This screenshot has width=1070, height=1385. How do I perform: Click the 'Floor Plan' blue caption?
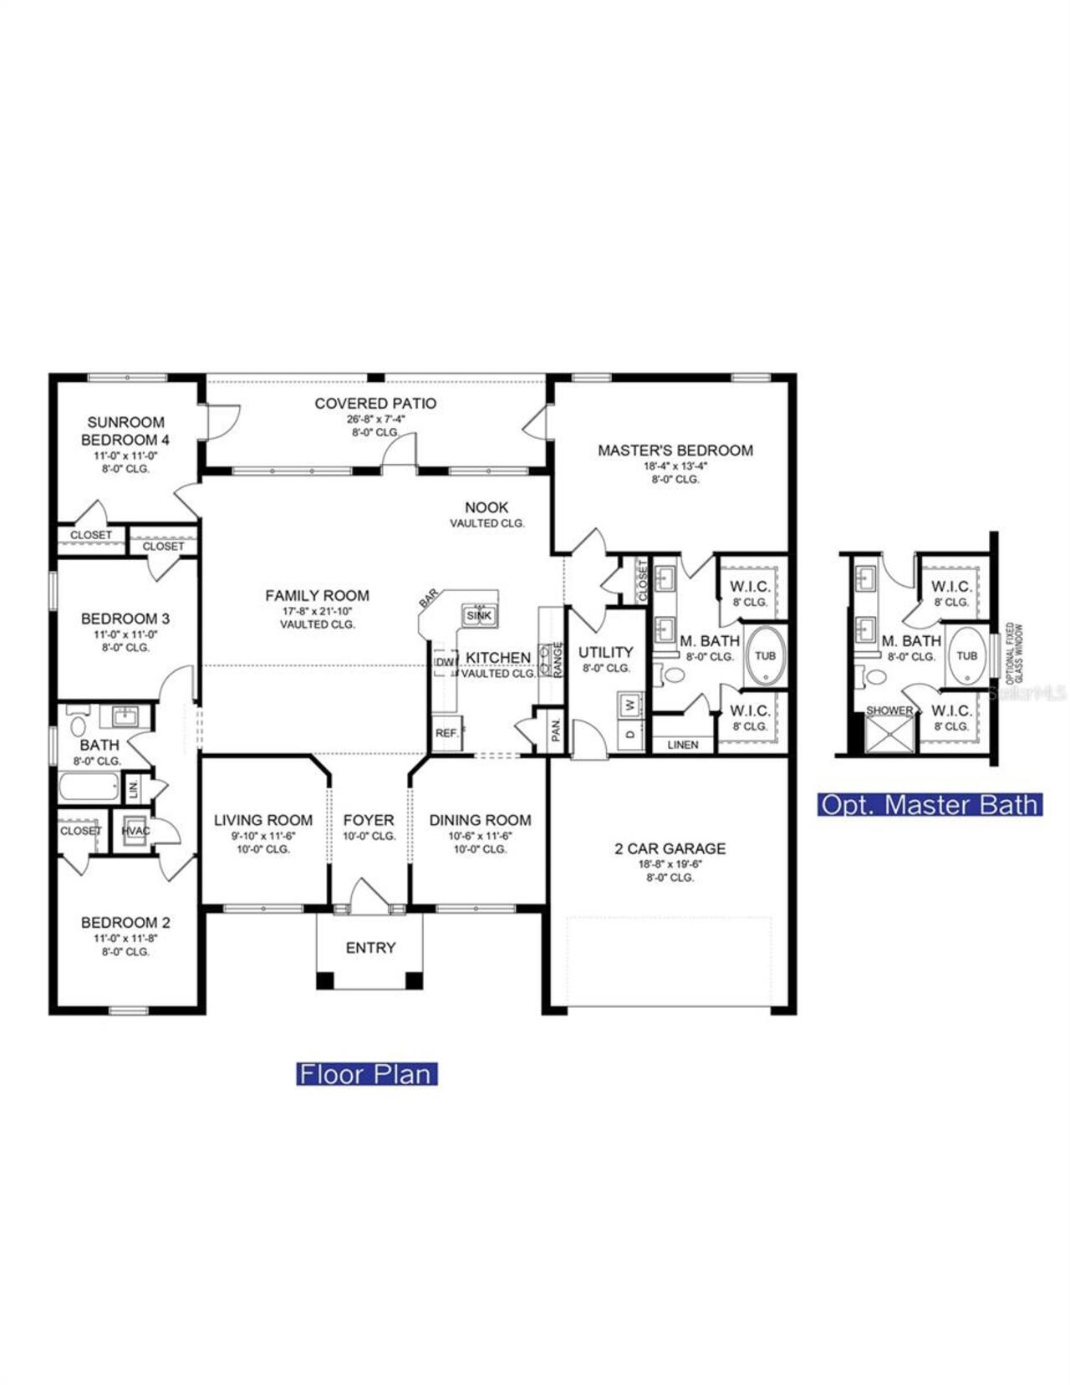pyautogui.click(x=366, y=1074)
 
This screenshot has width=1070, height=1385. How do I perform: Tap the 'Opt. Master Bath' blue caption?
pyautogui.click(x=930, y=805)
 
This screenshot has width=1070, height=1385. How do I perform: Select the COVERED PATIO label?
pyautogui.click(x=375, y=403)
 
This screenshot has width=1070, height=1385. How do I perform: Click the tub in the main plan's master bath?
pyautogui.click(x=765, y=655)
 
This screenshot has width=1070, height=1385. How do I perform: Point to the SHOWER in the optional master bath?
pyautogui.click(x=889, y=731)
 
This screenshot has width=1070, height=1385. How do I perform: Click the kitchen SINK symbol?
pyautogui.click(x=479, y=615)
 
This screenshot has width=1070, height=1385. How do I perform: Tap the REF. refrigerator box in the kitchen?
pyautogui.click(x=446, y=733)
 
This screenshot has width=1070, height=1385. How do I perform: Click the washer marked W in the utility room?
pyautogui.click(x=630, y=705)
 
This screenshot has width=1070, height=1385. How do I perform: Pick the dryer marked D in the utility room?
pyautogui.click(x=630, y=734)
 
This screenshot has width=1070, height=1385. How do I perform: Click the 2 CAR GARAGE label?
pyautogui.click(x=670, y=848)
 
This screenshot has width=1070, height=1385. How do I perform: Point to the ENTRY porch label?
pyautogui.click(x=370, y=948)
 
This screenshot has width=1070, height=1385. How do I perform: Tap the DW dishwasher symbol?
pyautogui.click(x=445, y=662)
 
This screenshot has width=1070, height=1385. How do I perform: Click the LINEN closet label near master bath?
pyautogui.click(x=683, y=744)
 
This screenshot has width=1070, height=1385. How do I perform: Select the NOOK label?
pyautogui.click(x=487, y=507)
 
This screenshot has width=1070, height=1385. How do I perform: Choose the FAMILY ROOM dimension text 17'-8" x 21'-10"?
pyautogui.click(x=317, y=611)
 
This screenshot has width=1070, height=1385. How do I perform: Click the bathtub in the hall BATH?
pyautogui.click(x=89, y=787)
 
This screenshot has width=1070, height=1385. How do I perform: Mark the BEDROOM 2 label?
pyautogui.click(x=125, y=923)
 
